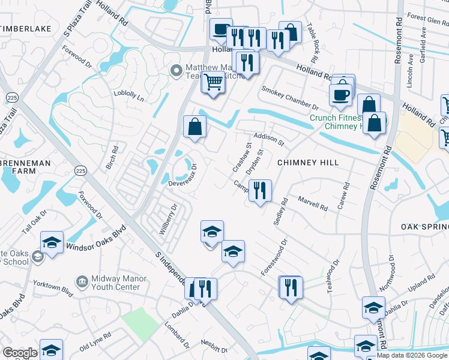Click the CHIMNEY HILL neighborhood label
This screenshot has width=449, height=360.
coord(308,163)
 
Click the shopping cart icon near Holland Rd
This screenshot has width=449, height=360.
coord(212,82)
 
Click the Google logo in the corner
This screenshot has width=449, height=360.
coord(20,353)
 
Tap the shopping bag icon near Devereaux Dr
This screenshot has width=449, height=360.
coord(195,127)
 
